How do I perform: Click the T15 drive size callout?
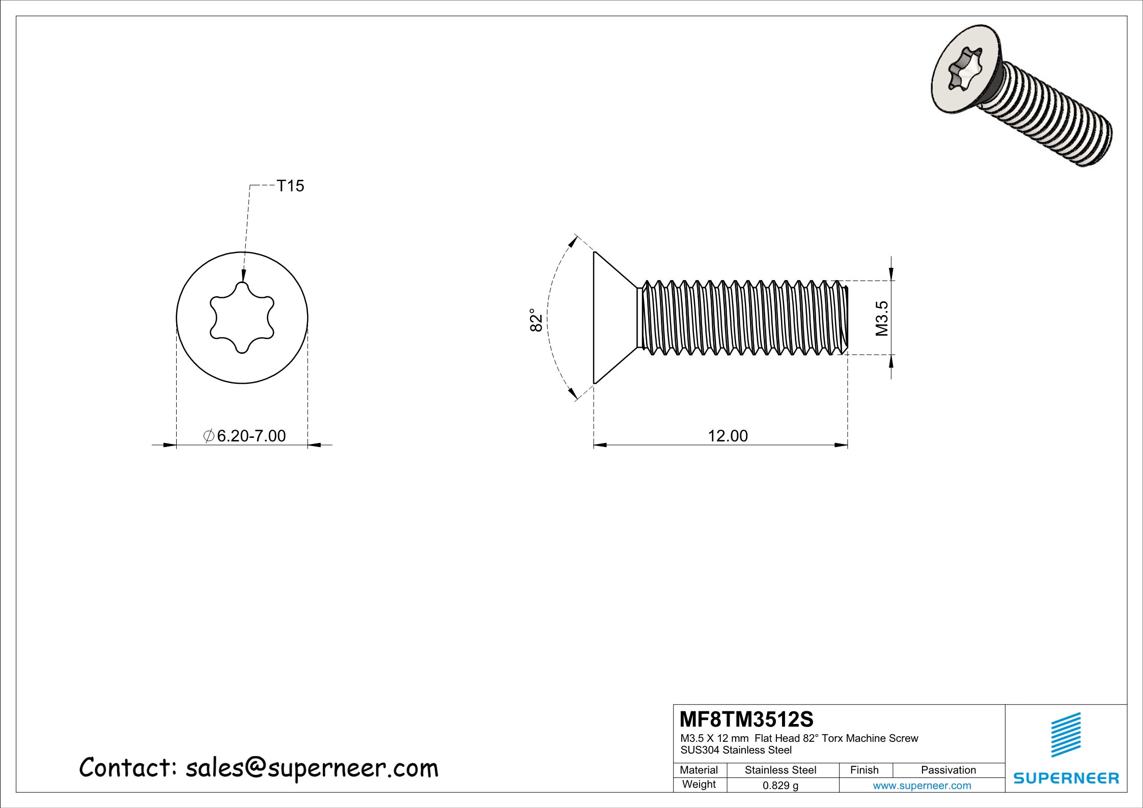(290, 186)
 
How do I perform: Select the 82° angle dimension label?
(536, 320)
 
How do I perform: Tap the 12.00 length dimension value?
(728, 436)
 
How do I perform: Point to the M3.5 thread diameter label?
(882, 318)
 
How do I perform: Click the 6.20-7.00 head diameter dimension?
(245, 436)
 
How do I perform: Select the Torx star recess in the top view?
(242, 318)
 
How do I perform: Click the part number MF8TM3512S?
(746, 719)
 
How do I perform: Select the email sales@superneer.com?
(312, 769)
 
